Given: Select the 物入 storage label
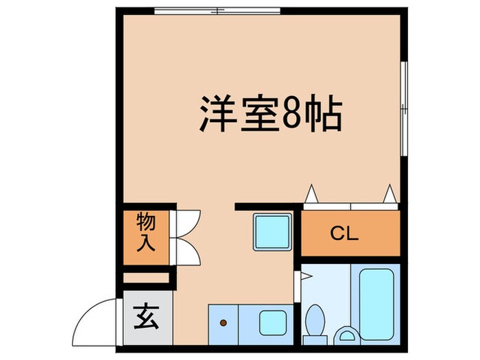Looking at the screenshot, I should point(145,232).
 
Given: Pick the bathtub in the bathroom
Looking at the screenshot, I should point(376,302).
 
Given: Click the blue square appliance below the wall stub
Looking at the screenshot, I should point(272,232).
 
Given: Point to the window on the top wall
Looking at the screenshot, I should point(217,10).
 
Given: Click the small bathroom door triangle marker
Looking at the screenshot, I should point(306,276).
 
